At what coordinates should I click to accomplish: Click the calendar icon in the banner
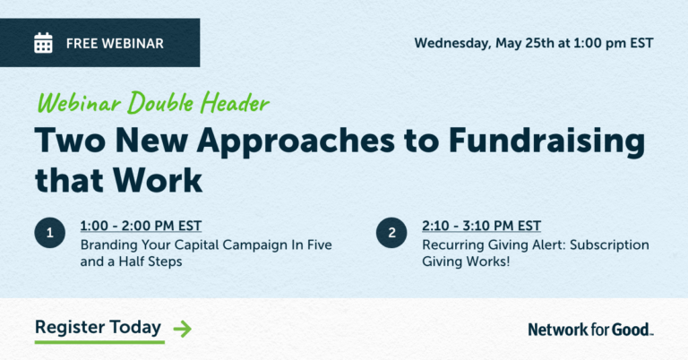pyautogui.click(x=43, y=42)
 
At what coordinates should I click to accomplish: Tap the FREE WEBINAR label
pyautogui.click(x=115, y=43)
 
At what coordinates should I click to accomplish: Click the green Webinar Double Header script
pyautogui.click(x=152, y=103)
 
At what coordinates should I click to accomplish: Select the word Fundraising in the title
pyautogui.click(x=550, y=141)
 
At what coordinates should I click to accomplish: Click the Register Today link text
pyautogui.click(x=99, y=327)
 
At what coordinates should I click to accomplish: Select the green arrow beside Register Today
pyautogui.click(x=182, y=329)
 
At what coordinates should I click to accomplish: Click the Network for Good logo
pyautogui.click(x=590, y=330)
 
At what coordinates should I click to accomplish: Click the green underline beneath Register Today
pyautogui.click(x=99, y=342)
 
